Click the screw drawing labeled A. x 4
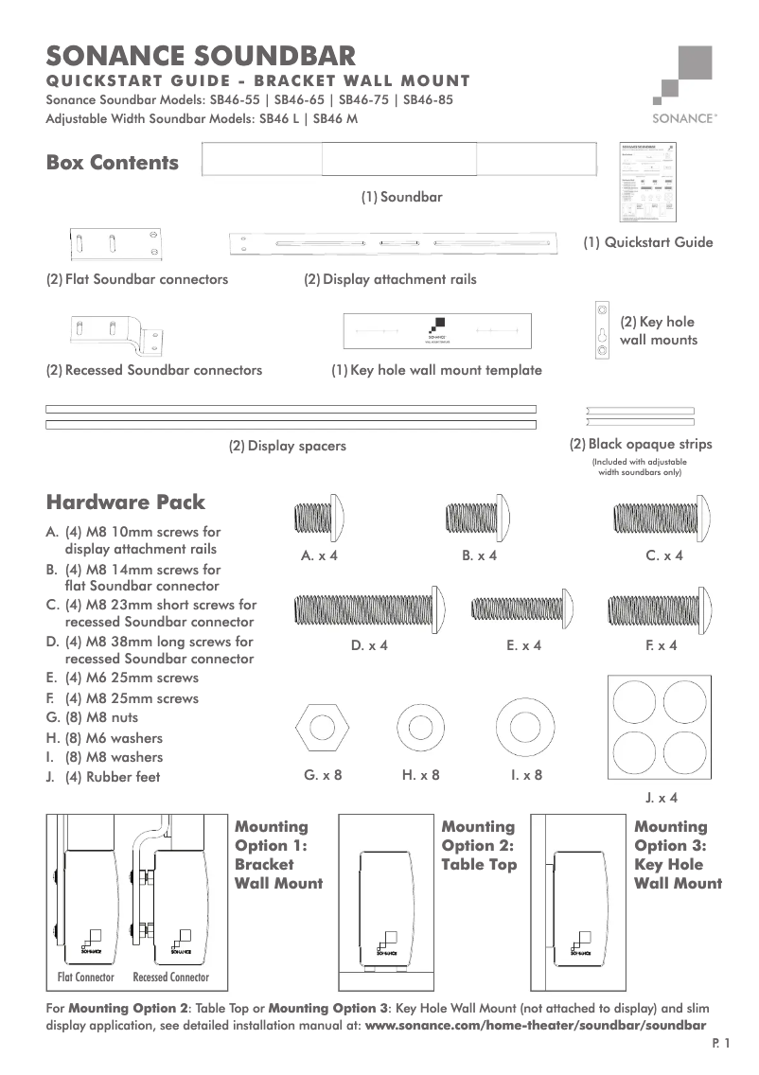319,519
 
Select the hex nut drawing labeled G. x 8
323,728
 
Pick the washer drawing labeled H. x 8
418,728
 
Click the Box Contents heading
113,163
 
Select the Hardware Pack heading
126,502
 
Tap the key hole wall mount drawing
600,332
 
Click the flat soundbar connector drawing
113,244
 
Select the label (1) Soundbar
401,198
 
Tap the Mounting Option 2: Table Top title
479,845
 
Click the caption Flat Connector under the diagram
86,977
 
